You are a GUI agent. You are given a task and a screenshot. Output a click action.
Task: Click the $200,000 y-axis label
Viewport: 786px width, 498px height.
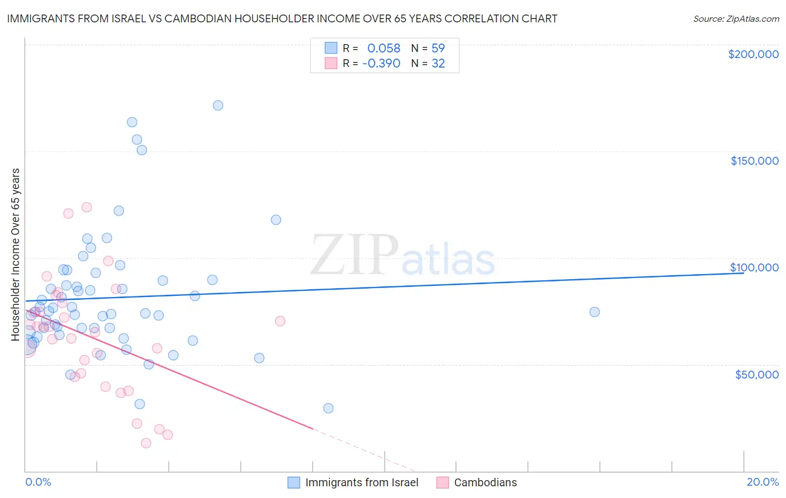[753, 54]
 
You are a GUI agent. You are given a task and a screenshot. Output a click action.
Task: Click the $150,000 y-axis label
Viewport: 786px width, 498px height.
[754, 161]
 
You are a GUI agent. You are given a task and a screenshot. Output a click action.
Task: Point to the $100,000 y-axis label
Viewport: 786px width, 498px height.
[754, 267]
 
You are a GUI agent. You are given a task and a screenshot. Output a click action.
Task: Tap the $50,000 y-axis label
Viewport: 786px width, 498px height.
[756, 375]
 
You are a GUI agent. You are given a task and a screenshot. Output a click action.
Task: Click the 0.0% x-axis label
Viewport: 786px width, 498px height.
[38, 482]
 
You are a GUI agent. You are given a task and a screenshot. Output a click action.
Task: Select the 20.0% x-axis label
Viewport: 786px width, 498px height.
[763, 482]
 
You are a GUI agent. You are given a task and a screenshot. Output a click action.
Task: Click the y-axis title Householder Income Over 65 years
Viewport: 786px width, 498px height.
[15, 254]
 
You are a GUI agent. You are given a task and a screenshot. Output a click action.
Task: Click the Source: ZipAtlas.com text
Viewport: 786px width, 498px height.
[736, 19]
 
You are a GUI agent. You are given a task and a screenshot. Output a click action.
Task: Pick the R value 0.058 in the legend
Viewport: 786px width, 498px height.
[383, 49]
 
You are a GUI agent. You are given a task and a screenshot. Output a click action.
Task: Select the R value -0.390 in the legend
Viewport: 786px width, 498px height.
[381, 64]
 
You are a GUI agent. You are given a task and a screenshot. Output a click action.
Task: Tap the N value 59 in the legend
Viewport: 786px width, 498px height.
[438, 49]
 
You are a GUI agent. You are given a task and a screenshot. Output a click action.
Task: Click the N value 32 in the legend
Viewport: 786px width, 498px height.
[438, 64]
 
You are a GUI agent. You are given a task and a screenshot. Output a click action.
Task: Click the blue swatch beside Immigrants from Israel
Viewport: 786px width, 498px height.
[294, 482]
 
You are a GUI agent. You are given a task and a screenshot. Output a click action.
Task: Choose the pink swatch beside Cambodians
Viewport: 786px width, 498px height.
[443, 482]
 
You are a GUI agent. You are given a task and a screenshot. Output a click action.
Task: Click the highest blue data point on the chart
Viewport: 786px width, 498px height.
[218, 106]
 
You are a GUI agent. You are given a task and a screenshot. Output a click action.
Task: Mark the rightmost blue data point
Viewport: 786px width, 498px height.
[594, 312]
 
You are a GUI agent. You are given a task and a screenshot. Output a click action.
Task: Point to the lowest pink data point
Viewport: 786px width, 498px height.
[146, 443]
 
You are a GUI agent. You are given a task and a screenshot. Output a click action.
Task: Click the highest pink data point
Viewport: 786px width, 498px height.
[87, 207]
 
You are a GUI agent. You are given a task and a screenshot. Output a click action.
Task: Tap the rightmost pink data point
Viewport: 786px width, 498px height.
[280, 321]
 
